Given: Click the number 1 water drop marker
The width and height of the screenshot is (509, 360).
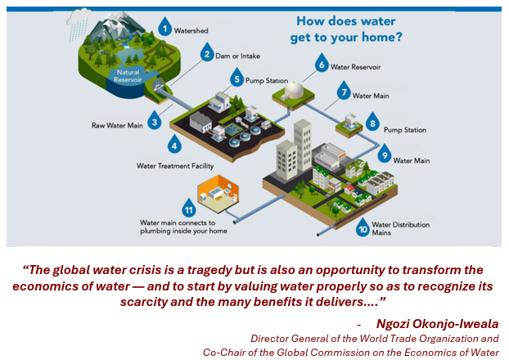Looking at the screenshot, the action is [165, 27].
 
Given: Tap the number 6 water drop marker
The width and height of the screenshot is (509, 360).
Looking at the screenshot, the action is [322, 63].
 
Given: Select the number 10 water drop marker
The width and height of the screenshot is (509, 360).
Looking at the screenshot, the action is [363, 228].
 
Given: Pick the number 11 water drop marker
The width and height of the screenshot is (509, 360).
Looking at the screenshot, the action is [189, 209].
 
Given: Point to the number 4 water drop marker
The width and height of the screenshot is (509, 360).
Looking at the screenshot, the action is [174, 144].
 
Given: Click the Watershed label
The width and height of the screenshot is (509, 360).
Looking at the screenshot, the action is [191, 30].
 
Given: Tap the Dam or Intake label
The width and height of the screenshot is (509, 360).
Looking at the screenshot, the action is [237, 56].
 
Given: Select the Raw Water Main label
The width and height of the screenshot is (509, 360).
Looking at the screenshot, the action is [117, 125].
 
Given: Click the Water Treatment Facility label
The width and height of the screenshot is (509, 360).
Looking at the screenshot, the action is [175, 166].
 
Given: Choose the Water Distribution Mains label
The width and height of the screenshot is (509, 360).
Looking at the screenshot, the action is [401, 228].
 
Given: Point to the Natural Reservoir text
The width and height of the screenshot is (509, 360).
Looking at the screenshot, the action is [128, 76].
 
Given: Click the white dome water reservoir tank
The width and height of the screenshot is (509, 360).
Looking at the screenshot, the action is [294, 90].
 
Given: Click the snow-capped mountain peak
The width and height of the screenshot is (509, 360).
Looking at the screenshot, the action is [115, 25].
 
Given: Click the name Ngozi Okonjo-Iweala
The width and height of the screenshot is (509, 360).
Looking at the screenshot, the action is [437, 324].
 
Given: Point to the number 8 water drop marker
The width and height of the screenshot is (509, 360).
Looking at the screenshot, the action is [372, 122].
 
